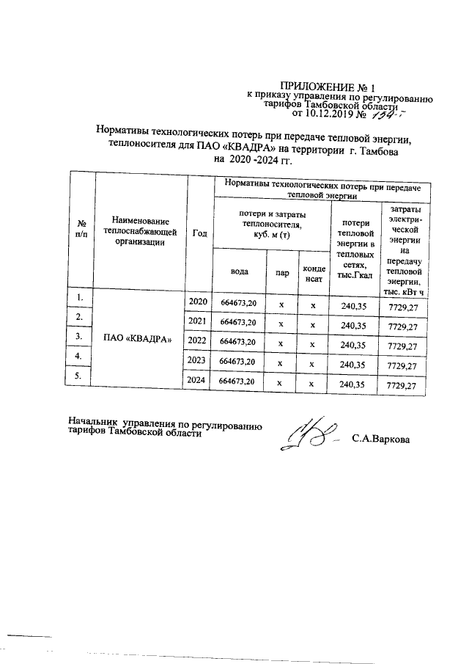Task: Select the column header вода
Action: (239, 271)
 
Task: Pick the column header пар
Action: (281, 271)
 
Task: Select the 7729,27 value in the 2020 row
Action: (402, 305)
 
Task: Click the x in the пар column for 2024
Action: (281, 383)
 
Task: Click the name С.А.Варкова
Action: (381, 439)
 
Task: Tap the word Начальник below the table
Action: (95, 423)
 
